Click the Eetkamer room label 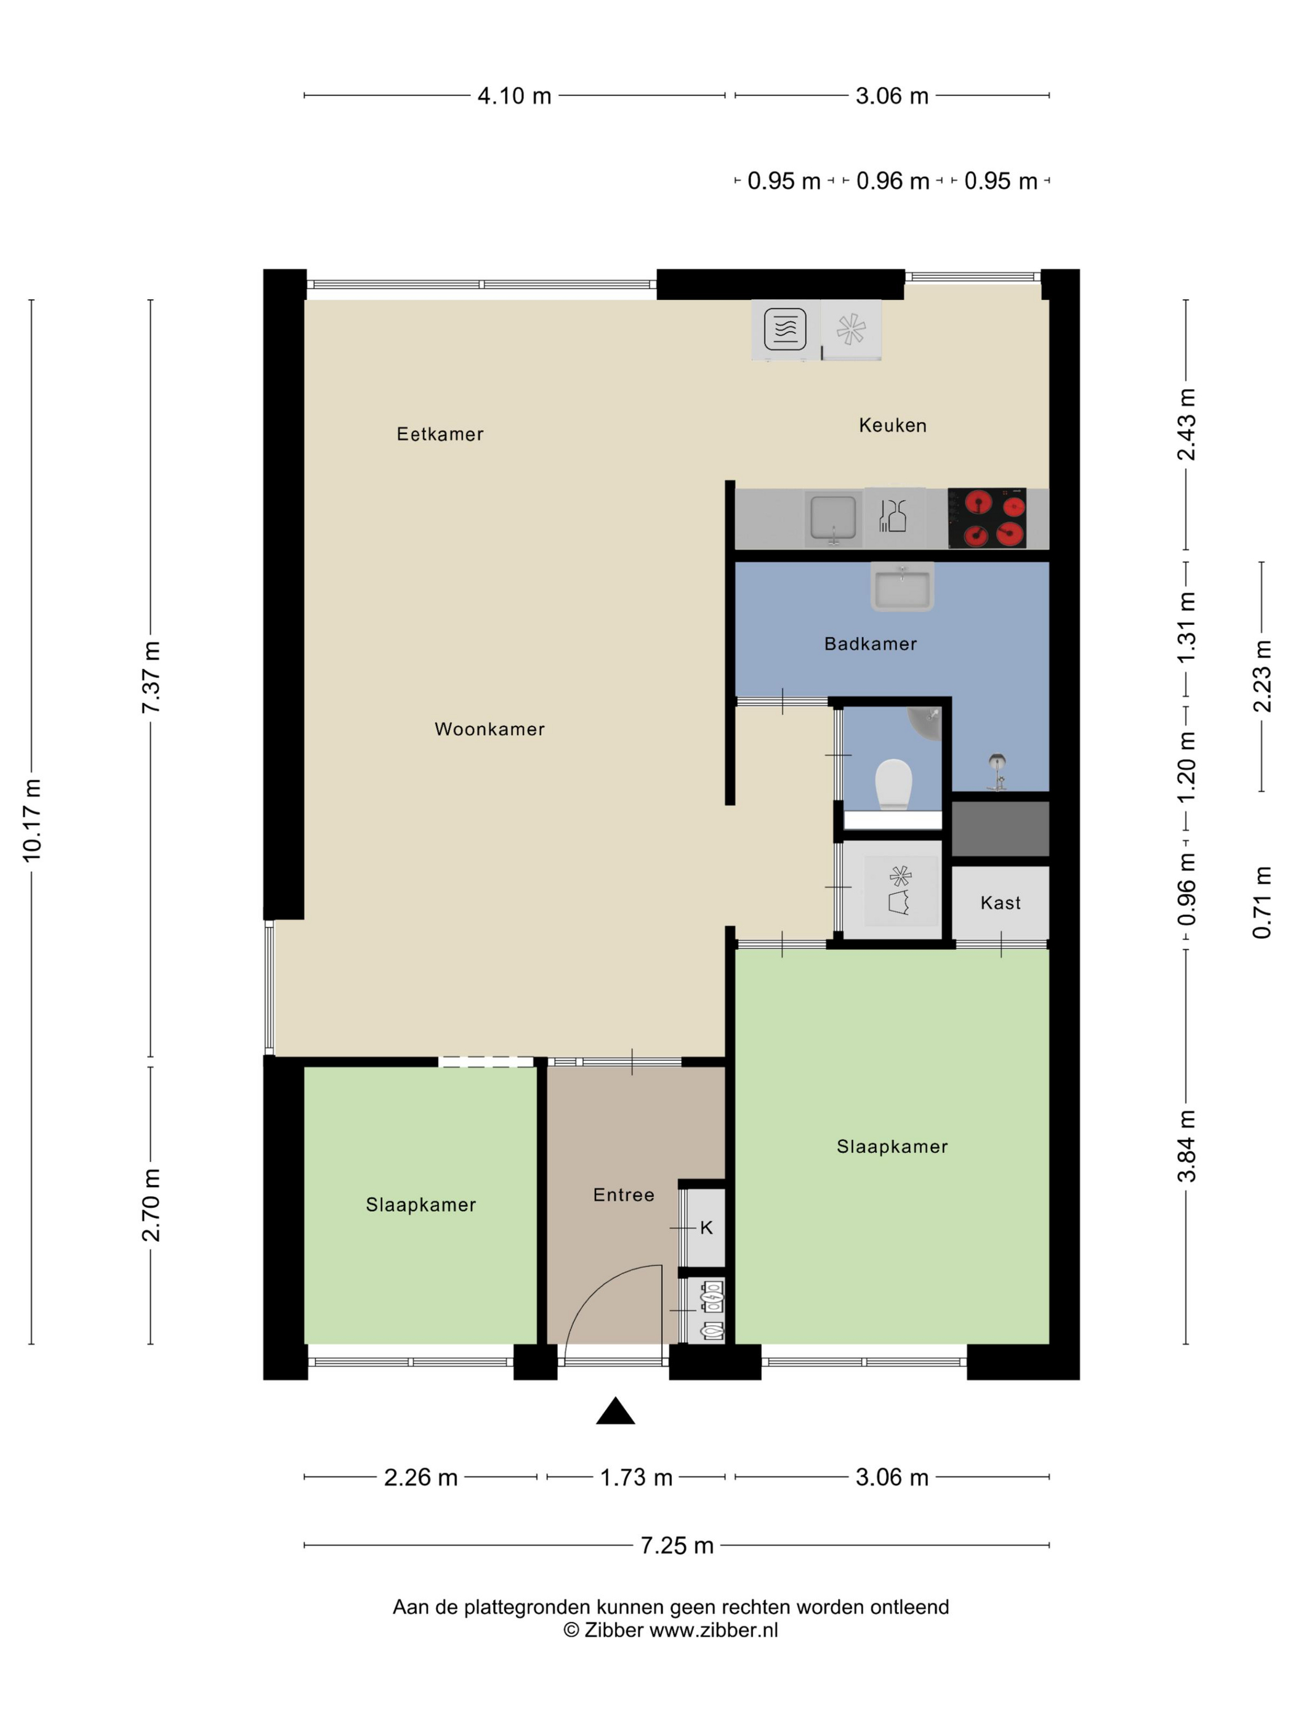point(440,434)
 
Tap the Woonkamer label point(489,729)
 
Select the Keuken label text point(892,425)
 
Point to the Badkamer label point(870,644)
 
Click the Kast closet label point(1000,903)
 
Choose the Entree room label point(624,1195)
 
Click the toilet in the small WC point(893,785)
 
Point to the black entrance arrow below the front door point(615,1411)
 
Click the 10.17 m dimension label point(32,820)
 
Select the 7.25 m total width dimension point(677,1545)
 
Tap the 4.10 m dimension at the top point(514,96)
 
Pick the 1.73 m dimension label point(636,1478)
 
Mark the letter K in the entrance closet point(706,1228)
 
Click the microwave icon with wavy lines point(785,329)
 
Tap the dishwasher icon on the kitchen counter point(893,517)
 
